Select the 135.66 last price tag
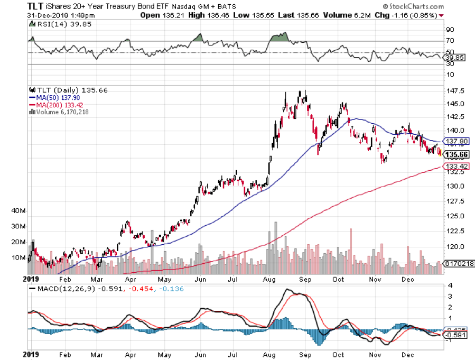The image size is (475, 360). click(x=458, y=155)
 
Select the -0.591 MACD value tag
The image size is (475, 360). click(x=456, y=335)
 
